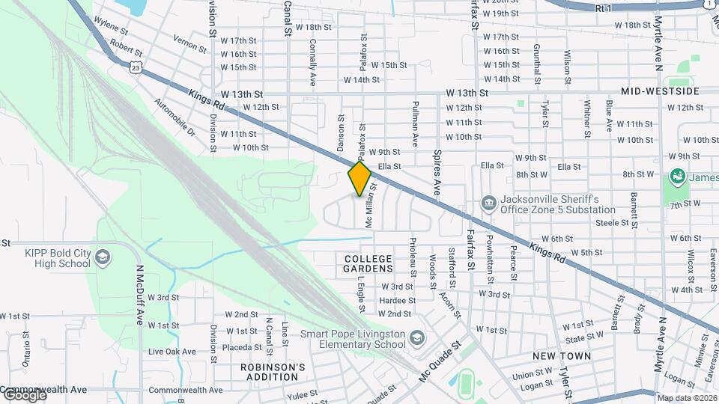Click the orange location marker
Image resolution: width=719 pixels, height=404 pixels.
tap(360, 178)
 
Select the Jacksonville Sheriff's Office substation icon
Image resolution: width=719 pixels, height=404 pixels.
tap(488, 203)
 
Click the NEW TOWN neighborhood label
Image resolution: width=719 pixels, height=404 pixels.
tap(562, 356)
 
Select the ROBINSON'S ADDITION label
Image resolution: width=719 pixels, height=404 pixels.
tap(273, 372)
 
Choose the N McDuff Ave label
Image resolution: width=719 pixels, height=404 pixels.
tap(139, 294)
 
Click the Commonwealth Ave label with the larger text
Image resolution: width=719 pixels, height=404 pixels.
tap(43, 390)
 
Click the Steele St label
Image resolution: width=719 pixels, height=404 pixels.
tap(612, 222)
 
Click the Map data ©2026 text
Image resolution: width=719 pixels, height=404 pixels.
tap(687, 398)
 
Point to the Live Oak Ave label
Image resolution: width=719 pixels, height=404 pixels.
tap(172, 352)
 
